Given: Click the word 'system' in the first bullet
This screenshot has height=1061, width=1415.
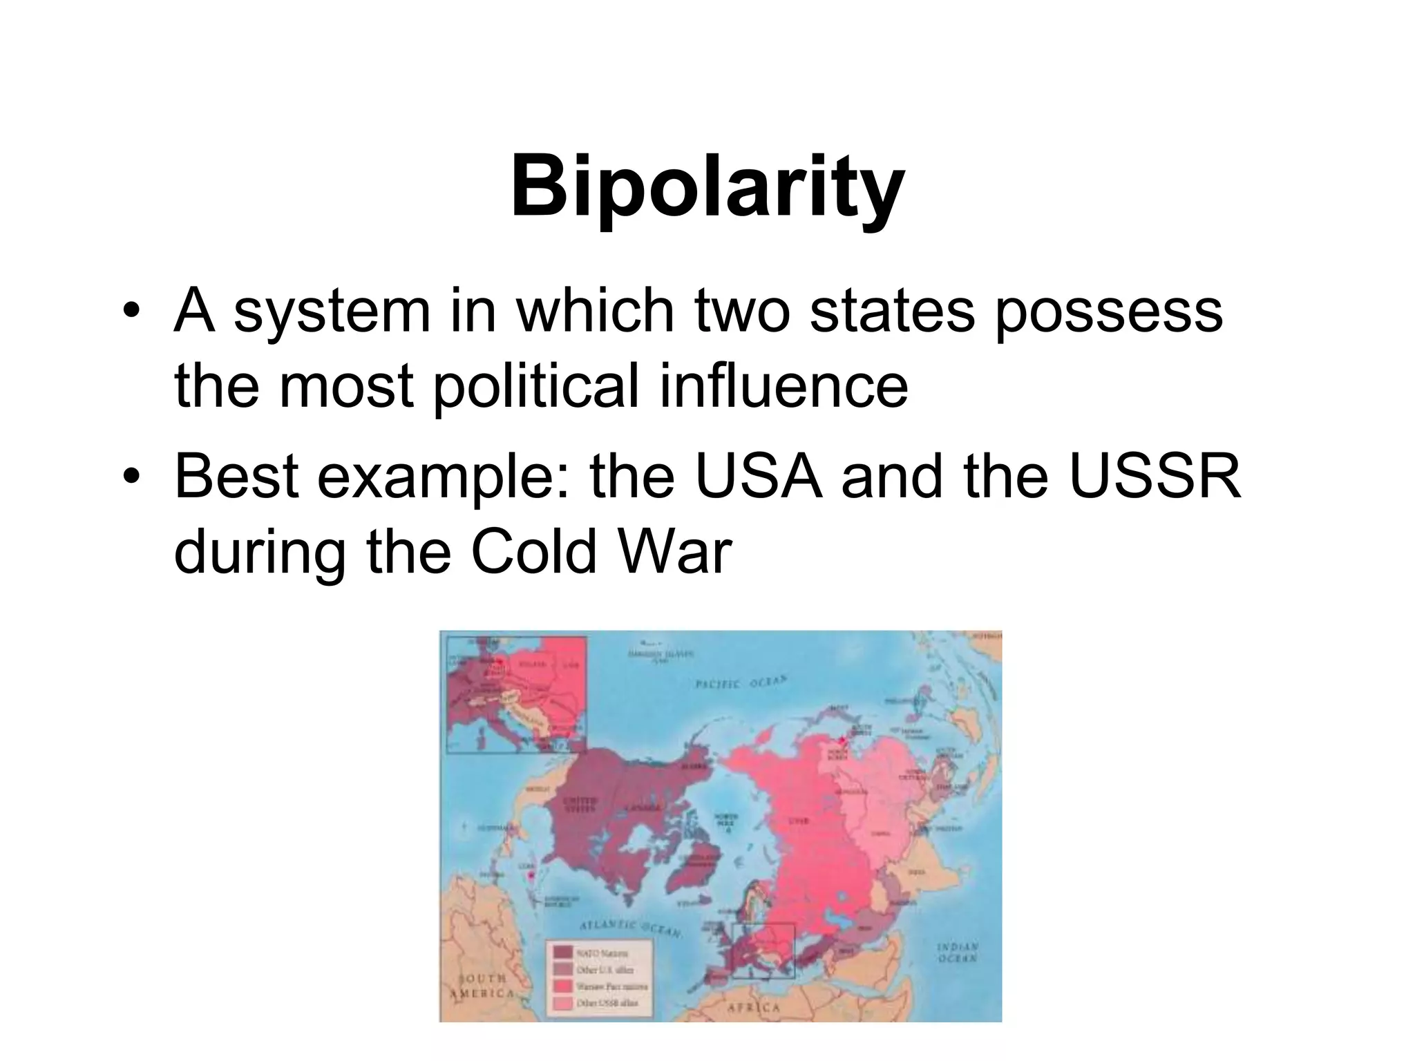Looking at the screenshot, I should coord(331,312).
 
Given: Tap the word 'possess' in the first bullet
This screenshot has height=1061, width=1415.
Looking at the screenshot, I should coord(1109,312).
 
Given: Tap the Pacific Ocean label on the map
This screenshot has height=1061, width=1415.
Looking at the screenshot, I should coord(740,682).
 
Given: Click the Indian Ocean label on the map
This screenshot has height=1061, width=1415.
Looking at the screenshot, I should coord(957,953).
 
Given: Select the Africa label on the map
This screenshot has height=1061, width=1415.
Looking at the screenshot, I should coord(754,1008).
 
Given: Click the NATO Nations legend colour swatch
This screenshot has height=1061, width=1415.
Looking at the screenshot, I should coord(562,953).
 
